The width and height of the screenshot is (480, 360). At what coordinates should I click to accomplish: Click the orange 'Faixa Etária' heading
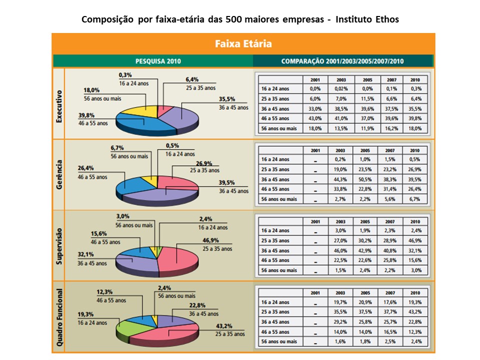coord(243,43)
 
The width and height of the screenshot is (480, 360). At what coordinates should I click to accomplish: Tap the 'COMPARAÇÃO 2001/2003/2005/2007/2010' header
coord(342,61)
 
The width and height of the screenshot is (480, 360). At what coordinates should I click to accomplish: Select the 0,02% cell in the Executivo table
coord(341,88)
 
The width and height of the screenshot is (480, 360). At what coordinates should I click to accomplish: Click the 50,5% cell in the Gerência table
coord(366,179)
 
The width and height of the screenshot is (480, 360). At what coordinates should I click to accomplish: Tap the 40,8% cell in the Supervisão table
coord(391,250)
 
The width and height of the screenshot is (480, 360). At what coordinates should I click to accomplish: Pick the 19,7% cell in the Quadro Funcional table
coord(341,302)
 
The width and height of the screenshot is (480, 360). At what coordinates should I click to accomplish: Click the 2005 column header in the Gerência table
coord(366,150)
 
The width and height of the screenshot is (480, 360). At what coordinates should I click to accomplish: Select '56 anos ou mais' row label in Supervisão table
coord(279,270)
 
